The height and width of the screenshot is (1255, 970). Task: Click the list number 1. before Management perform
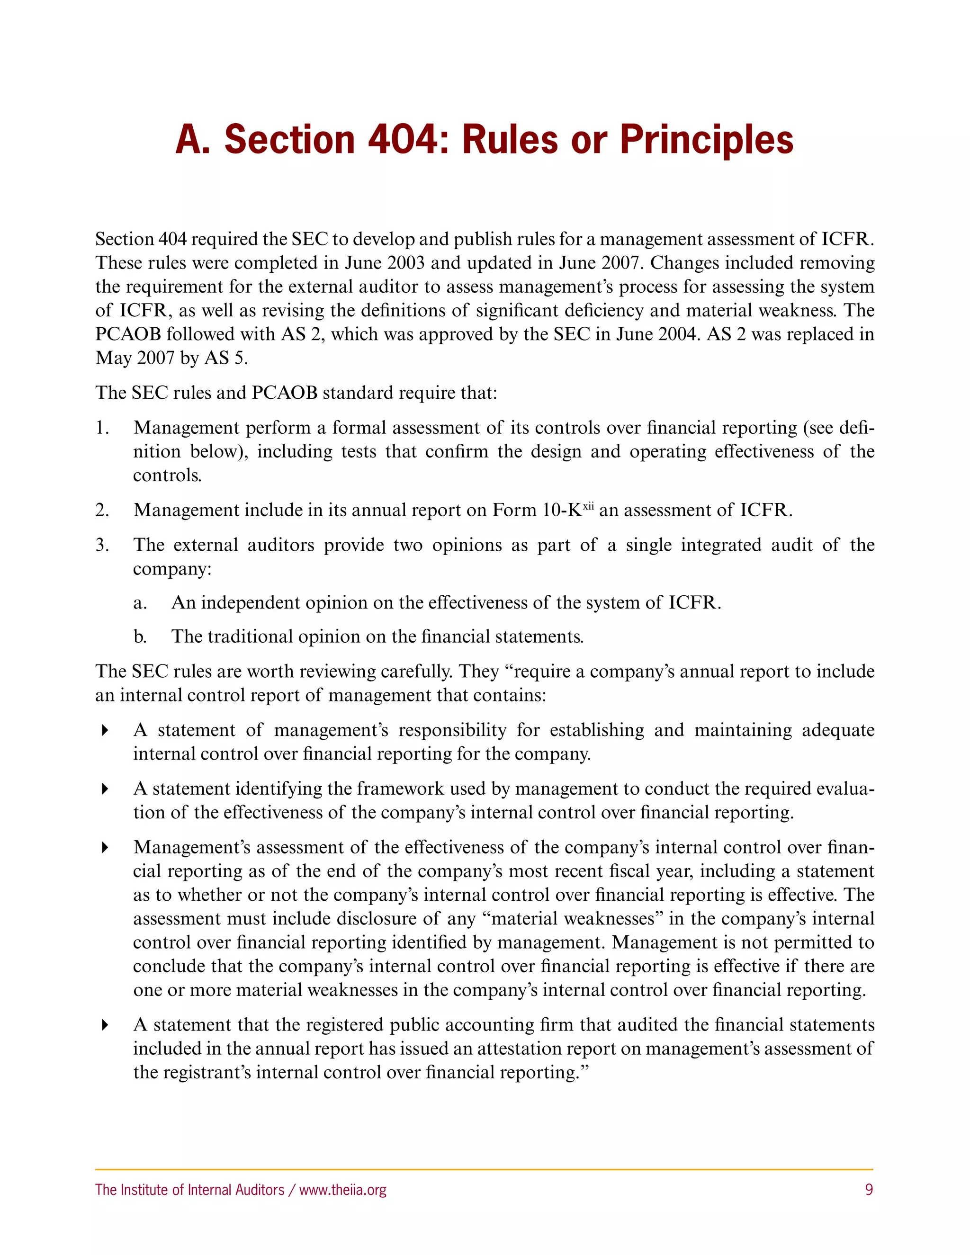click(102, 428)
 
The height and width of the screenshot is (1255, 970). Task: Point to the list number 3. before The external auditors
click(102, 545)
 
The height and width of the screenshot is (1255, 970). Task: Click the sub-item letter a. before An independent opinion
click(140, 603)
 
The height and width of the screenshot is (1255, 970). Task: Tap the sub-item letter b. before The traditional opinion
click(140, 636)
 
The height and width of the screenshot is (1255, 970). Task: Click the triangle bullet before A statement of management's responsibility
click(105, 730)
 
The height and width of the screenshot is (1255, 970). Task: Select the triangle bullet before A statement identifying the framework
click(105, 789)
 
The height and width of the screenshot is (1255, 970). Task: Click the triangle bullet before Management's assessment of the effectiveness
click(105, 848)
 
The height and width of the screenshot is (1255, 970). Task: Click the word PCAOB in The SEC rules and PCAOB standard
click(285, 393)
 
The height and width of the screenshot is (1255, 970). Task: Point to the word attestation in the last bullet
click(517, 1048)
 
